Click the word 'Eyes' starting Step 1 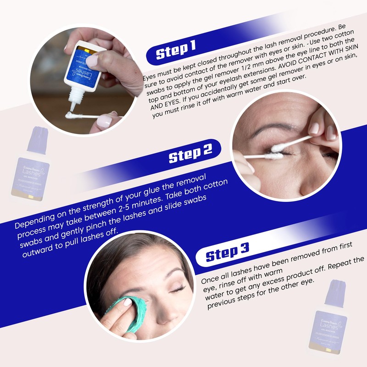coord(150,79)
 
